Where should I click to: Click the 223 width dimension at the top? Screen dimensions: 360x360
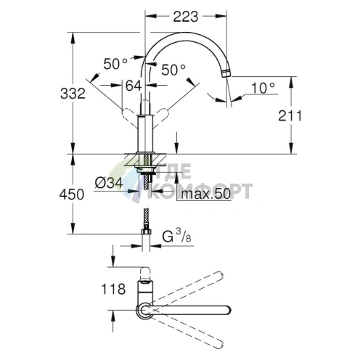186,17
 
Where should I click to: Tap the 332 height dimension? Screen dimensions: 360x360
73,94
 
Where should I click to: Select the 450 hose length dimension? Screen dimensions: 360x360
72,195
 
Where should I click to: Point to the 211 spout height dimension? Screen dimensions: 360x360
290,115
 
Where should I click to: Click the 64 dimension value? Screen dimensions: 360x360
134,86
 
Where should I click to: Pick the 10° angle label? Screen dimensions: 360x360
263,88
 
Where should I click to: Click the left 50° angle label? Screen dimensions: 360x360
115,64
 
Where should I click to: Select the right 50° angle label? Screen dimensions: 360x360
173,70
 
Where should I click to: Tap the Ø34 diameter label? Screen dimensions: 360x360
109,183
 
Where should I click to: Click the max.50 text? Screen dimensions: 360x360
206,194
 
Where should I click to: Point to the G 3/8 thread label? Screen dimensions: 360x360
176,236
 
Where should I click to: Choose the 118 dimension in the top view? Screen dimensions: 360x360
113,289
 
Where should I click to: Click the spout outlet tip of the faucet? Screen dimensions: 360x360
226,73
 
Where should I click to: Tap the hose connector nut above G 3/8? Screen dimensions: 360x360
146,232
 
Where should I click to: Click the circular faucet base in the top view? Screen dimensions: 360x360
145,311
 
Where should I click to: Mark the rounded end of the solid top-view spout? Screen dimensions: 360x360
228,310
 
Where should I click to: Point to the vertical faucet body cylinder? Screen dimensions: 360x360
145,134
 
